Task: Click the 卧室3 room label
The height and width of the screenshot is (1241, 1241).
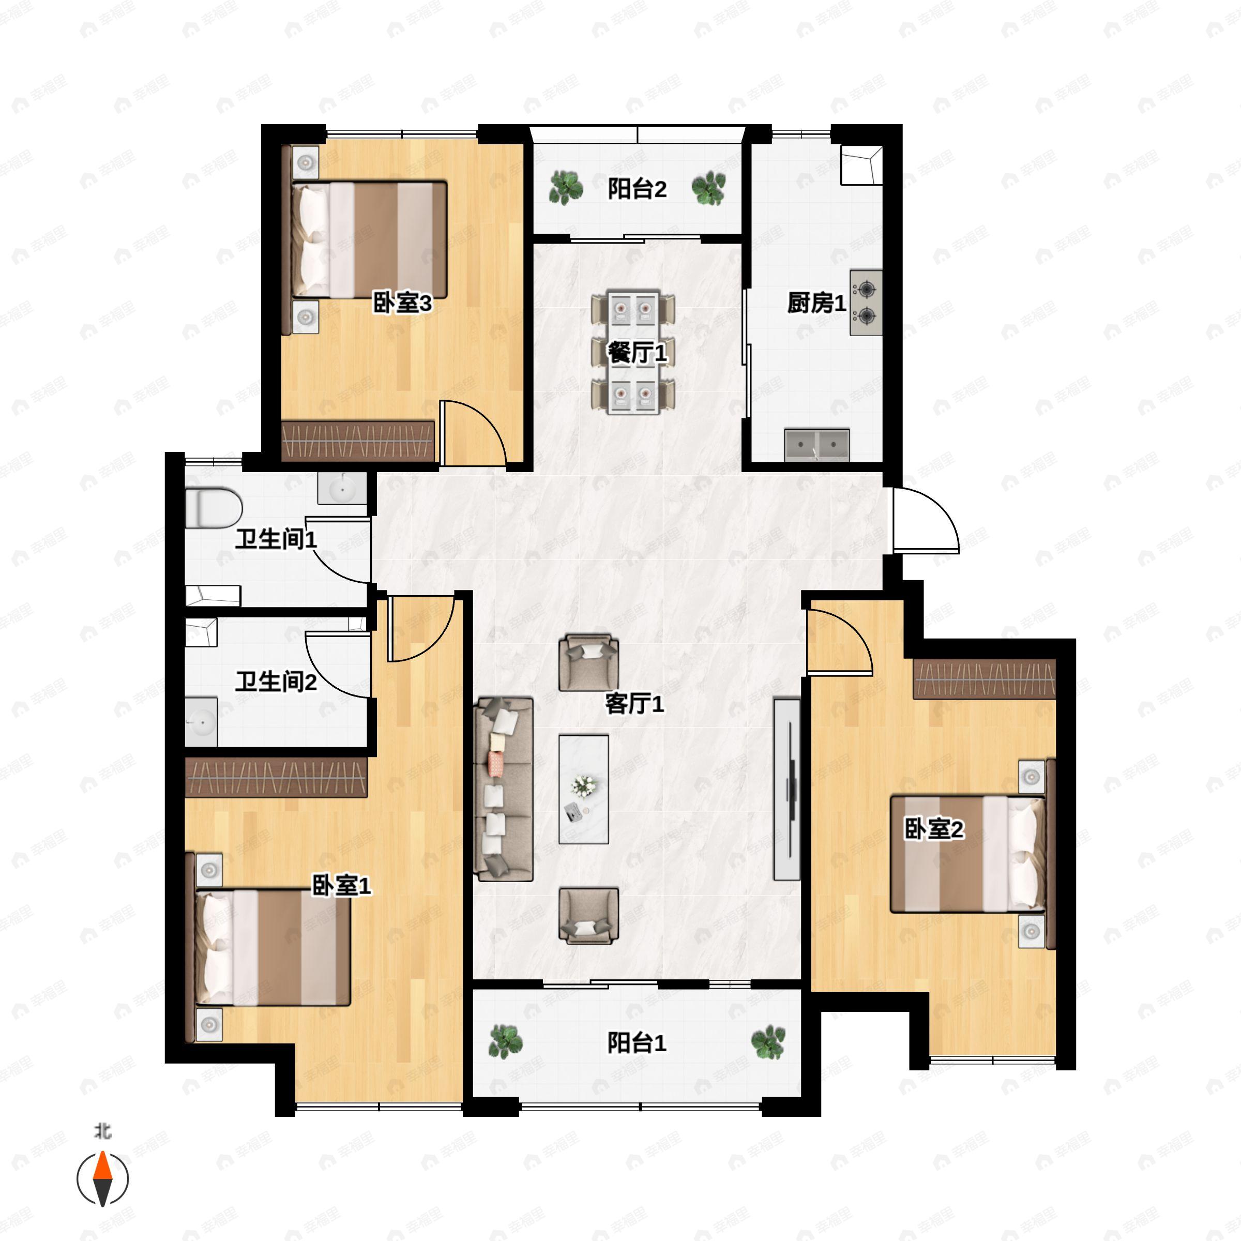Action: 402,302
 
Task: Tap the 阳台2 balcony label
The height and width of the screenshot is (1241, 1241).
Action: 637,189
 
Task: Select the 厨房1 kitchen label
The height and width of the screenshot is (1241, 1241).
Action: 816,302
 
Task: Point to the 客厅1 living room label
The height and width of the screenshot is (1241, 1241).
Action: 634,704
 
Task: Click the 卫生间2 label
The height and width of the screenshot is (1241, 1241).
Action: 276,682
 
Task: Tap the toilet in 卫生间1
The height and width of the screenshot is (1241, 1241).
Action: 213,507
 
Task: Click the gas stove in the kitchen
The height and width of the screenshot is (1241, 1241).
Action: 866,302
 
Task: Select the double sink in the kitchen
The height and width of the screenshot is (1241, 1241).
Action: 817,445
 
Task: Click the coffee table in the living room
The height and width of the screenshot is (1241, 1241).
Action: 583,789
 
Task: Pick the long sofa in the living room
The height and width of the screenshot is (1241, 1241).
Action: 504,789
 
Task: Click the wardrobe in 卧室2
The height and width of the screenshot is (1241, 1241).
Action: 984,678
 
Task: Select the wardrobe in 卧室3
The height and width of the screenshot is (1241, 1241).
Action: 358,441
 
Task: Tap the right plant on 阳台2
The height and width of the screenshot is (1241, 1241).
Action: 708,188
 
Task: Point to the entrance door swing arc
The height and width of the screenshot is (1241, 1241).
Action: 940,507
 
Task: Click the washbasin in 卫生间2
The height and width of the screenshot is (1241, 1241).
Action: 201,722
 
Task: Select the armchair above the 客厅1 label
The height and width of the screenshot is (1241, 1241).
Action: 588,663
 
